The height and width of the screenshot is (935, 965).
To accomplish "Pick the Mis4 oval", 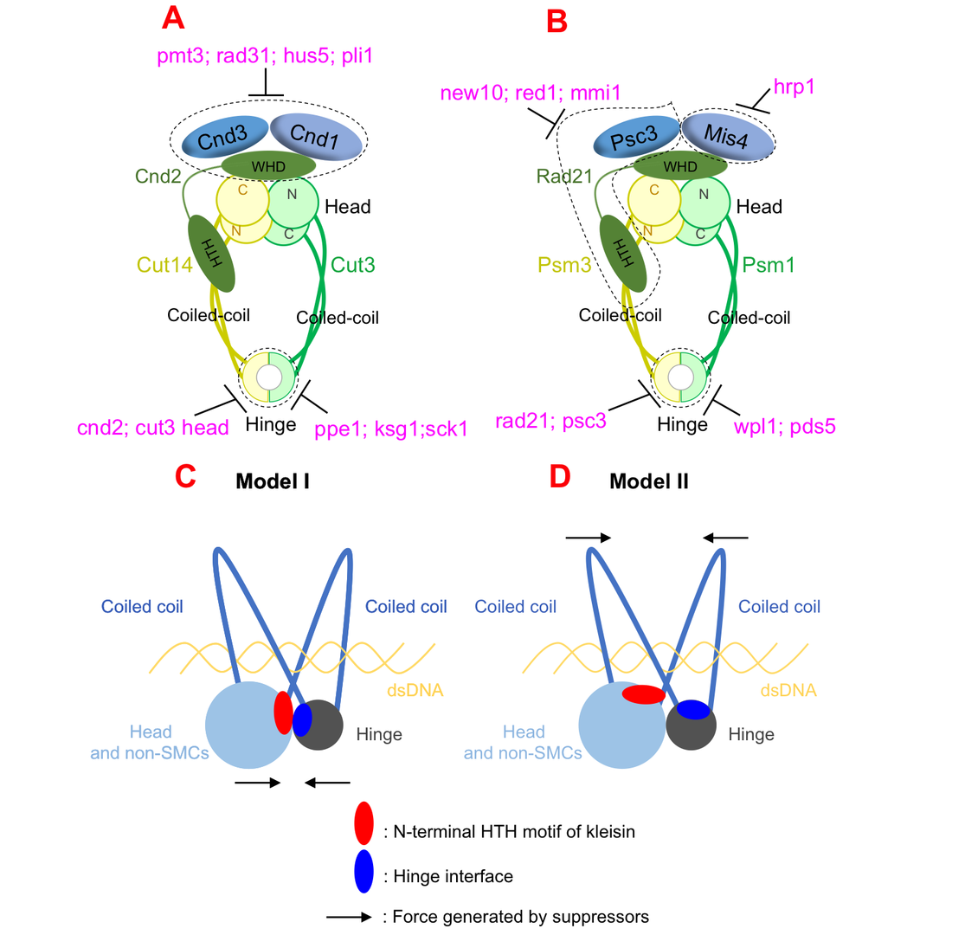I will coord(727,137).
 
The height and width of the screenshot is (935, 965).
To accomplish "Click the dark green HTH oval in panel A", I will coord(211,254).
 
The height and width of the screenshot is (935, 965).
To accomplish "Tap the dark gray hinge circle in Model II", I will coord(691,727).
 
